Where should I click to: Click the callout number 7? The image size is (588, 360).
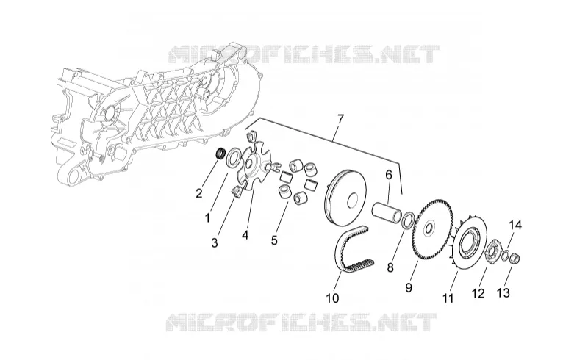pos(340,120)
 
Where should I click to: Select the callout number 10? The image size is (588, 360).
pos(333,298)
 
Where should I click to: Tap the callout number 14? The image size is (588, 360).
pos(515,225)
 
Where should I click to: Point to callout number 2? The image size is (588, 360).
pos(198,193)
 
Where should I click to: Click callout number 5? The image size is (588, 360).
pos(274,240)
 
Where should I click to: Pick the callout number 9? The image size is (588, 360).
pos(409,287)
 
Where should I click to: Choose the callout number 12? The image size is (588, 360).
pos(478,293)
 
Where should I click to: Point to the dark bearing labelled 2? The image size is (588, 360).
pos(221,154)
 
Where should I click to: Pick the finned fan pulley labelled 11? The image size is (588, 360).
pos(469,240)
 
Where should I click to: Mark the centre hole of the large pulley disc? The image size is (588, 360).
pos(353,199)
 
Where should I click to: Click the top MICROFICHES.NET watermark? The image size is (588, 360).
pos(303,54)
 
